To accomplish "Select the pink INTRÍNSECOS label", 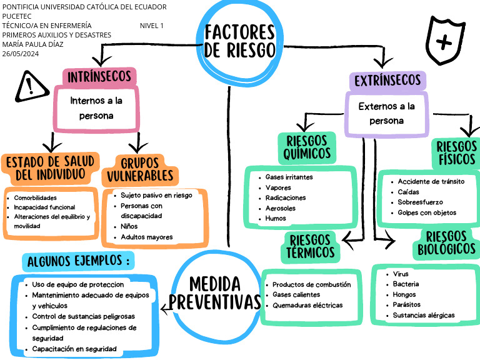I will pyautogui.click(x=99, y=77).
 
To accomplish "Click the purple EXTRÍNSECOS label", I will pyautogui.click(x=387, y=81).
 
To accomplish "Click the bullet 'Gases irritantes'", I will pyautogui.click(x=289, y=177).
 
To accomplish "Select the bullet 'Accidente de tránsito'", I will pyautogui.click(x=431, y=182).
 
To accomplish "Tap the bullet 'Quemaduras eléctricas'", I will pyautogui.click(x=307, y=305).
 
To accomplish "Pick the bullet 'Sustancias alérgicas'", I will pyautogui.click(x=424, y=315).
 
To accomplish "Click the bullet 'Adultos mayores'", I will pyautogui.click(x=147, y=237).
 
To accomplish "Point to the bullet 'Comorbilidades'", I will pyautogui.click(x=35, y=197).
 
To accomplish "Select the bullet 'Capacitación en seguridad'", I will pyautogui.click(x=74, y=349).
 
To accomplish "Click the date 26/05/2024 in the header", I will pyautogui.click(x=21, y=54).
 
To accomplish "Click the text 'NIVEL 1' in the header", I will pyautogui.click(x=152, y=26).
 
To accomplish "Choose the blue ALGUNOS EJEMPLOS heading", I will pyautogui.click(x=78, y=261).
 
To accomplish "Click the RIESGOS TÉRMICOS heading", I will pyautogui.click(x=311, y=246).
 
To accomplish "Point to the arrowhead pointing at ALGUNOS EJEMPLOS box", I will pyautogui.click(x=164, y=307).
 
